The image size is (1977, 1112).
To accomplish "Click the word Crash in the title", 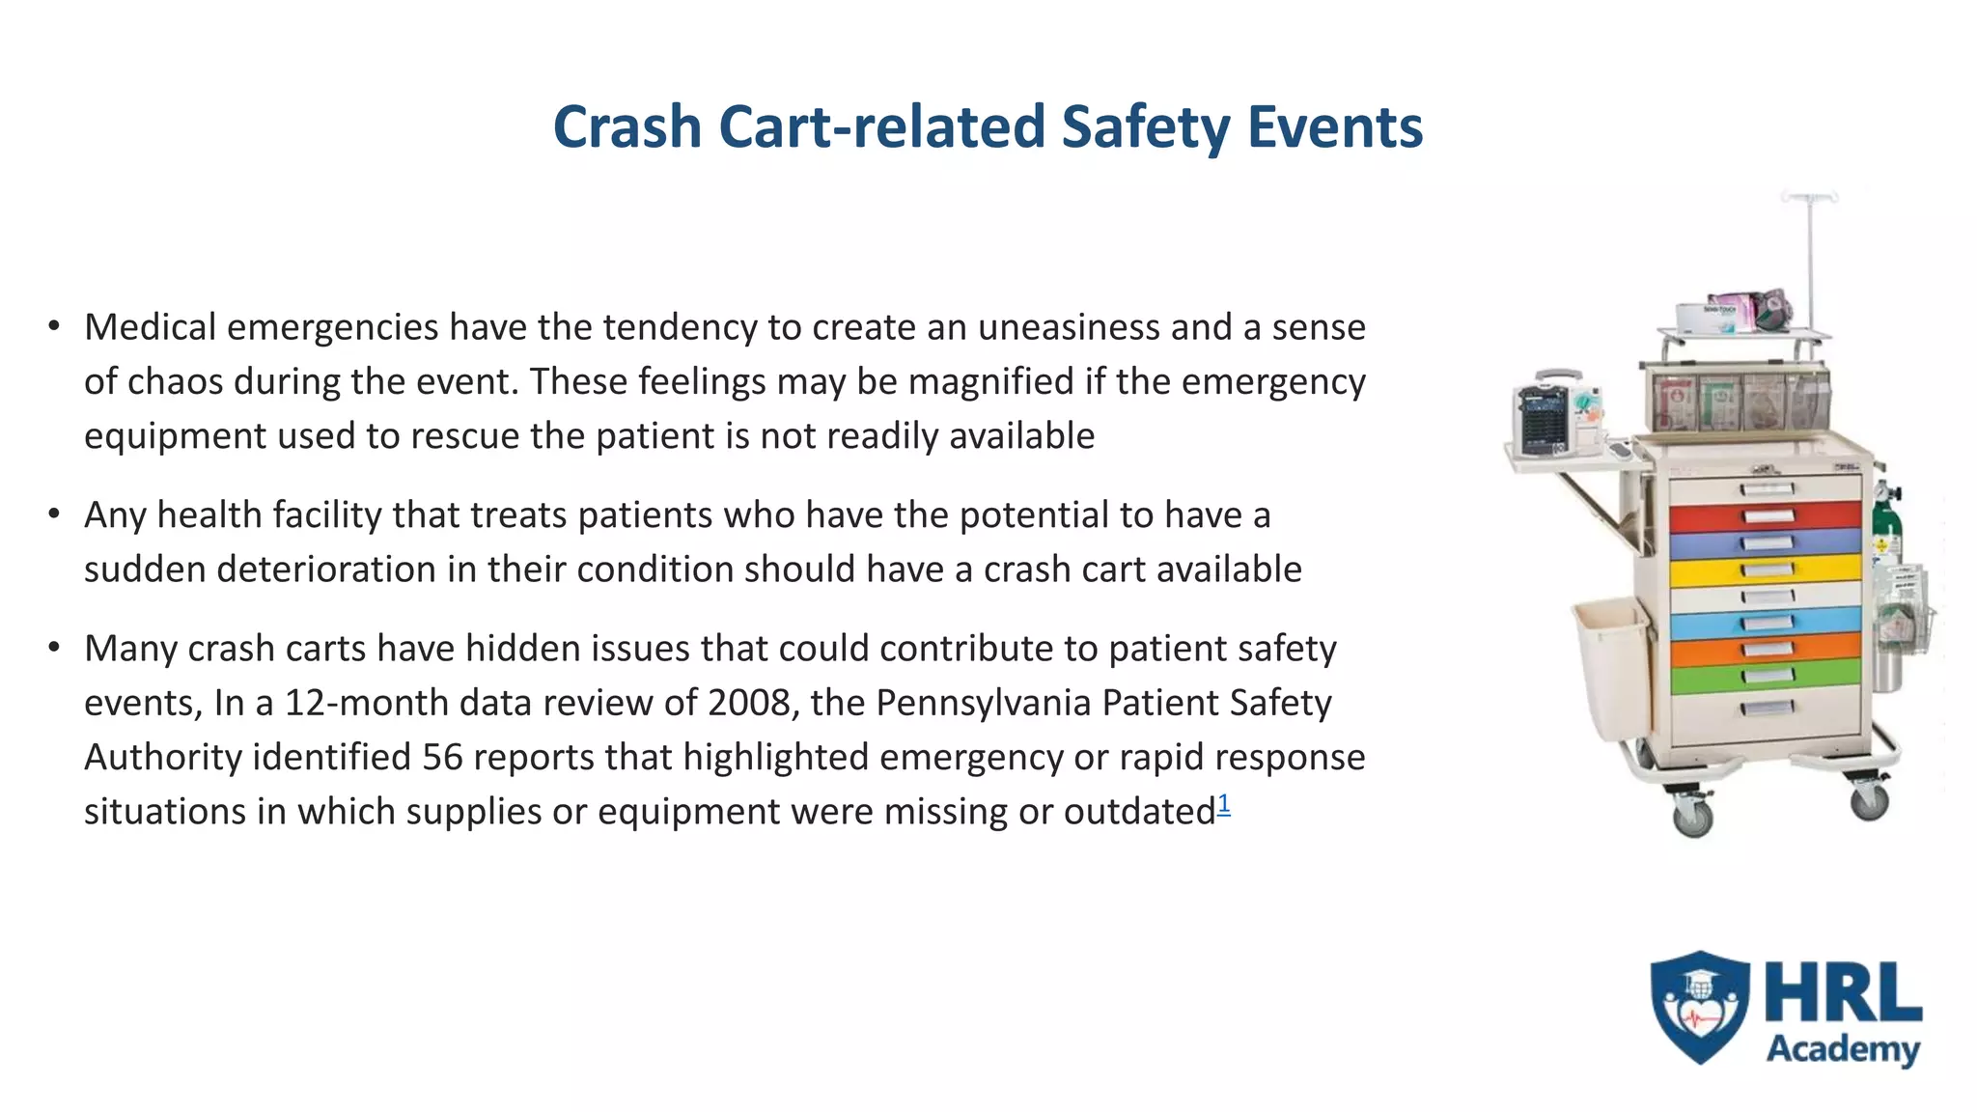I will coord(627,127).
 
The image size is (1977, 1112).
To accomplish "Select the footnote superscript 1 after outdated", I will coord(1224,803).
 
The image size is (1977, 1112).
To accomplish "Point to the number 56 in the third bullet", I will coord(442,757).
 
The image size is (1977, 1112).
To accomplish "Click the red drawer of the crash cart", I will coord(1765,516).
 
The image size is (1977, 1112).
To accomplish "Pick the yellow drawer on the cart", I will coord(1765,570).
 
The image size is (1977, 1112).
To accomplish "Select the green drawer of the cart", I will coord(1765,676).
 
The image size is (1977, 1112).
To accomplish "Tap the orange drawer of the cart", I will coord(1765,649).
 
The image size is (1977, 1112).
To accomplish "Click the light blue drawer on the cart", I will coord(1765,623).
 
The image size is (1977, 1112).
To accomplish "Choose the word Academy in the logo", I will coord(1843,1049).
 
